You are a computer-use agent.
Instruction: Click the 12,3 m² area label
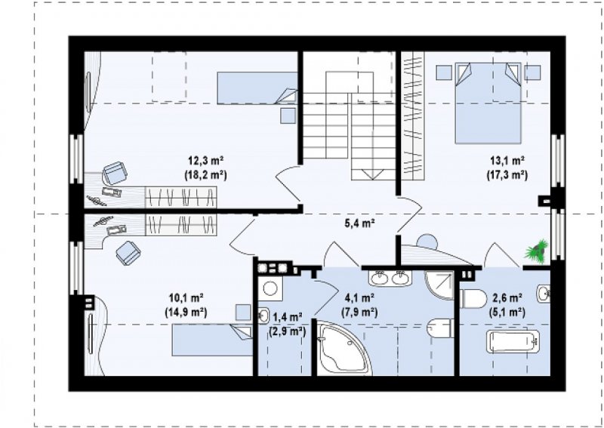pos(206,160)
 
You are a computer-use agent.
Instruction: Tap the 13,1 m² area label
pos(507,160)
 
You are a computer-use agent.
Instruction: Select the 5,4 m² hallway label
pos(360,223)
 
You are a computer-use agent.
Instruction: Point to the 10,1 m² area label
pos(186,298)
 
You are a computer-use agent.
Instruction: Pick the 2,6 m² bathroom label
pos(507,298)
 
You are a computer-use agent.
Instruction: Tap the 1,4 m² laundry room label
pos(288,318)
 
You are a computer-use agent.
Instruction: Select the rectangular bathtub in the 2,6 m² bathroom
pos(513,340)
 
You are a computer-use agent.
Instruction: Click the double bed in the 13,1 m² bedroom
pos(488,103)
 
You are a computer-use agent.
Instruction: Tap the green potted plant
pos(537,251)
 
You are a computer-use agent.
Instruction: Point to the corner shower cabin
pos(439,285)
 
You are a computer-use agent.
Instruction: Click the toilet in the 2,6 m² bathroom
pos(473,299)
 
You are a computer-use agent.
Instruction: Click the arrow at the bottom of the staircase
pos(373,174)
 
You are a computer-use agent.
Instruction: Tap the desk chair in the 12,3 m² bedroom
pos(115,174)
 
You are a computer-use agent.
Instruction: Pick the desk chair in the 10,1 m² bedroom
pos(128,253)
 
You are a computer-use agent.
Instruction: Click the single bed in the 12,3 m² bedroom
pos(257,88)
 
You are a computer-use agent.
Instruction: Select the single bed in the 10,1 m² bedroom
pos(212,340)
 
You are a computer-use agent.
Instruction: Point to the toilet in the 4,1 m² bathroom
pos(441,328)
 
